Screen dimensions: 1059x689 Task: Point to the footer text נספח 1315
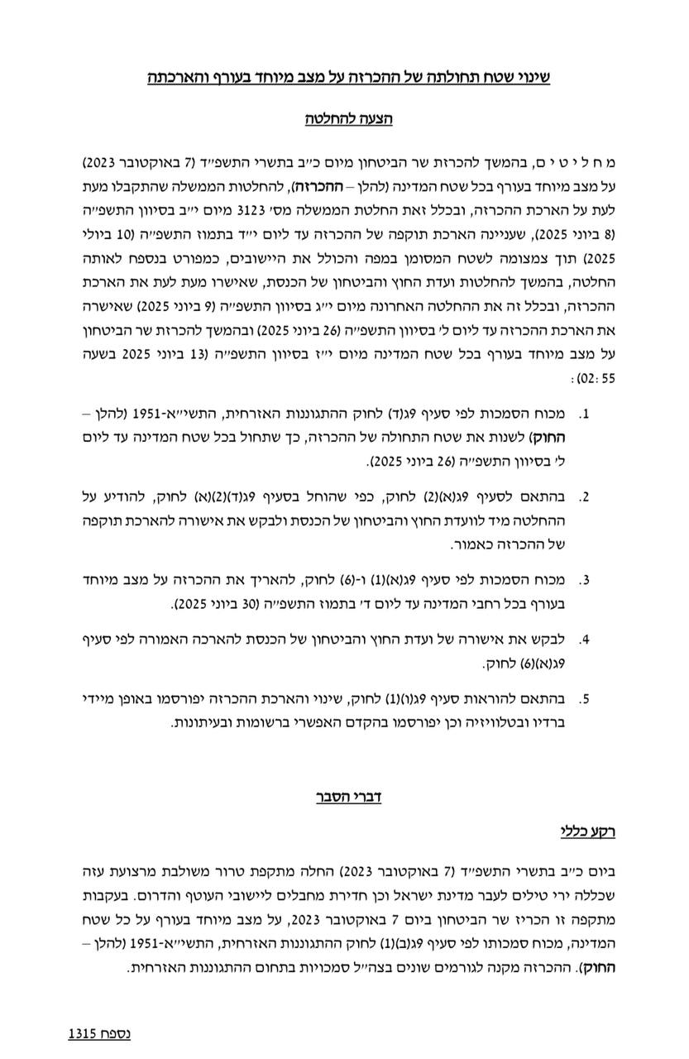98,1033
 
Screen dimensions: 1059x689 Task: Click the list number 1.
584,412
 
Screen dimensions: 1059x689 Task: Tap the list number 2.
584,498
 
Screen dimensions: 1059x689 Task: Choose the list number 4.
584,640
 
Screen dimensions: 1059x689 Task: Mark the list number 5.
584,700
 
